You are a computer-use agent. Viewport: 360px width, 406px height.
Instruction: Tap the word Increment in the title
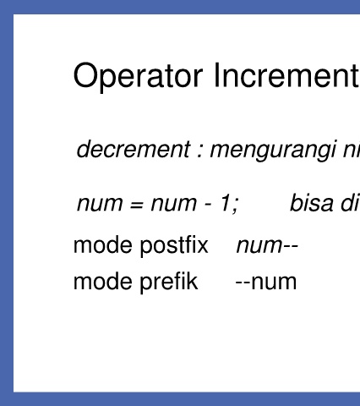286,75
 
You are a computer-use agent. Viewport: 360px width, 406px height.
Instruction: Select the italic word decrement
134,149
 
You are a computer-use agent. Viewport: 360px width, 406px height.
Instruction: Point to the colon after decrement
199,151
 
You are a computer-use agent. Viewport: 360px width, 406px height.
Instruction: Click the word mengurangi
273,151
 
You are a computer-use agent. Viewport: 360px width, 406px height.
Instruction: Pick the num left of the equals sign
100,203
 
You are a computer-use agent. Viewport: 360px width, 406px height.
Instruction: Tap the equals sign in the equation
137,204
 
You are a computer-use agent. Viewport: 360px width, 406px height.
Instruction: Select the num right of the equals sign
174,203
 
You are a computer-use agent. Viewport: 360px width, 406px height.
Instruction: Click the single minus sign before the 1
208,205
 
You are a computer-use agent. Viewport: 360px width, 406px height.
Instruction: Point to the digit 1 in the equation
226,202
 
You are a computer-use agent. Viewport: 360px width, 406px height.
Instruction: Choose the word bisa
311,202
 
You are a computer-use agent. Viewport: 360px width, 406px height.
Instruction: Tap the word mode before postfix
102,245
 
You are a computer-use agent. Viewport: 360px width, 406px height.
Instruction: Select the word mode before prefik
102,281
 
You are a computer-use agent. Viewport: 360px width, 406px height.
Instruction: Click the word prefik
169,282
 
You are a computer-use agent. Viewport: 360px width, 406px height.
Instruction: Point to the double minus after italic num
291,247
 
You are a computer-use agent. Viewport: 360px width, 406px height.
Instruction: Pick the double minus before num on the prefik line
243,283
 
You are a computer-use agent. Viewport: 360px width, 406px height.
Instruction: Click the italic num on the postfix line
259,246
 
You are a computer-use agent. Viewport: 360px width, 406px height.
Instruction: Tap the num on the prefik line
274,282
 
